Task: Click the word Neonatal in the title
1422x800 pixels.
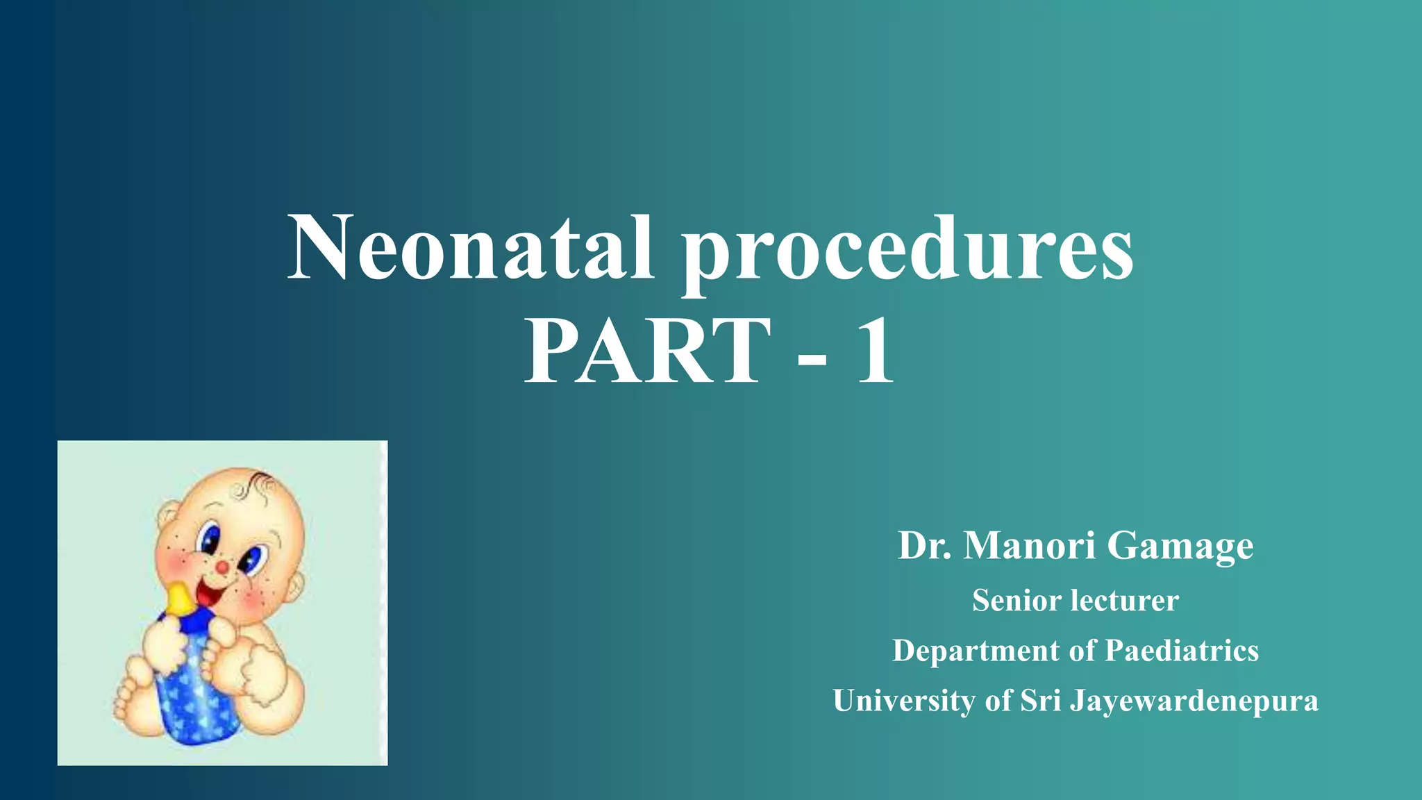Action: coord(471,248)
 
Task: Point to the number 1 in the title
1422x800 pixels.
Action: coord(875,351)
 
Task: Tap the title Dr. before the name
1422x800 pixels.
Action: coord(925,546)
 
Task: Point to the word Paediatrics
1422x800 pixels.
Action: coord(1182,651)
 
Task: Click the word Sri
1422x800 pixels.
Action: coord(1040,701)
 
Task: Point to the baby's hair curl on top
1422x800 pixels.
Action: coord(260,480)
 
